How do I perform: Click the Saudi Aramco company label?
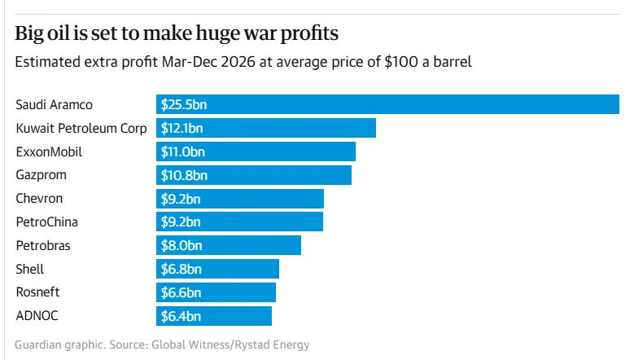pyautogui.click(x=55, y=105)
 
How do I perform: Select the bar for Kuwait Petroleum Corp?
pyautogui.click(x=266, y=129)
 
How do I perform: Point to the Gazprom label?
pyautogui.click(x=42, y=175)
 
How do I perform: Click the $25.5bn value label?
pyautogui.click(x=184, y=105)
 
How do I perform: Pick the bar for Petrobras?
pyautogui.click(x=229, y=245)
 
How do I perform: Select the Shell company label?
pyautogui.click(x=30, y=269)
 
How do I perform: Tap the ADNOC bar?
pyautogui.click(x=214, y=316)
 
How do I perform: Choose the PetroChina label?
pyautogui.click(x=47, y=222)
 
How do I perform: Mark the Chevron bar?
pyautogui.click(x=240, y=199)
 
